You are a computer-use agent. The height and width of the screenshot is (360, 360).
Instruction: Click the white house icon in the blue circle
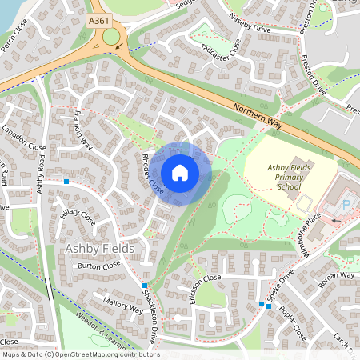(x=180, y=173)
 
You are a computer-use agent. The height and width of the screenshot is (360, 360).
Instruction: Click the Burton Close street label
(x=98, y=266)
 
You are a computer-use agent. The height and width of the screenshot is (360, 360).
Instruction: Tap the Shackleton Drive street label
(x=152, y=316)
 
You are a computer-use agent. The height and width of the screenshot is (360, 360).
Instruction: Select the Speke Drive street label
(x=287, y=285)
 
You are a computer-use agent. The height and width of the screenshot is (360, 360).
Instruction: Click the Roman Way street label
(x=336, y=280)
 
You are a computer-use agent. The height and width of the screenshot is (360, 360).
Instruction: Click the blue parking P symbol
(x=346, y=205)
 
